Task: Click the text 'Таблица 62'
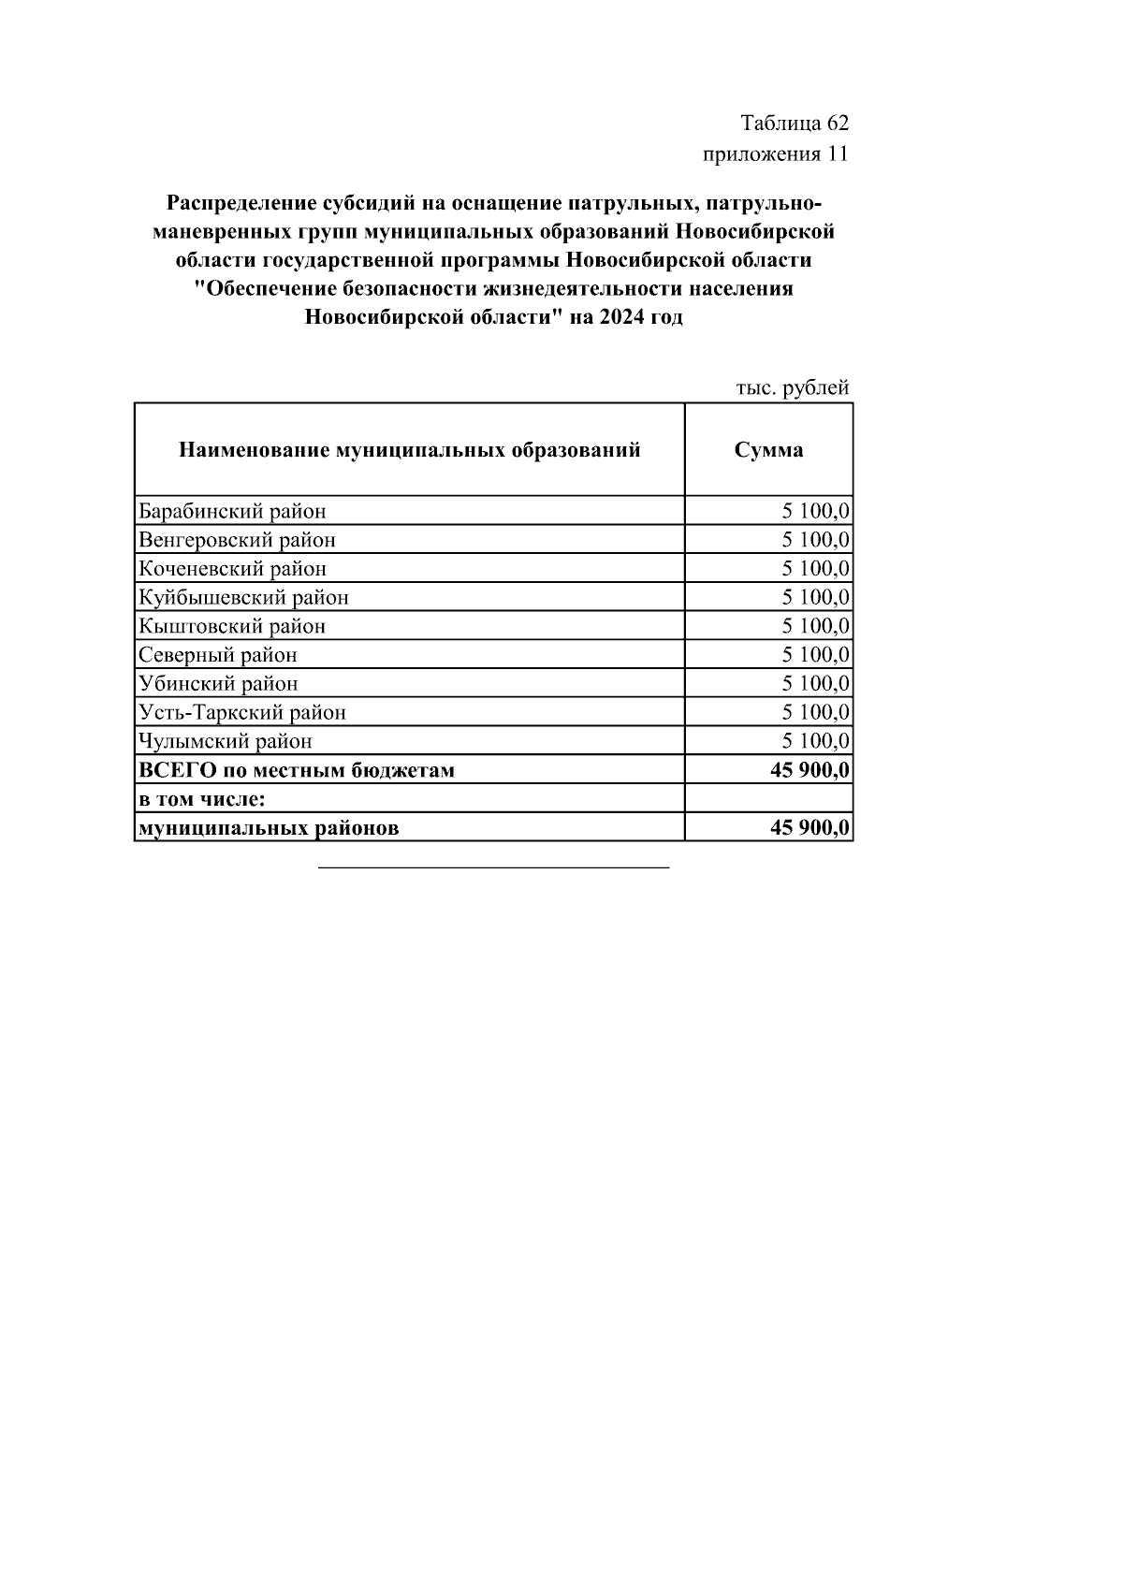[795, 124]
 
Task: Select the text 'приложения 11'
[775, 154]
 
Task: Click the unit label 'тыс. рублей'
[793, 387]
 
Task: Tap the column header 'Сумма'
[768, 450]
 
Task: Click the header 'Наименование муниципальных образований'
[409, 450]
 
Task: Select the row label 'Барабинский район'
[232, 512]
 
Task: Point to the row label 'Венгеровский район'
[237, 540]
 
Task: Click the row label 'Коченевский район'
[232, 569]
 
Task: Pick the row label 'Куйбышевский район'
[243, 598]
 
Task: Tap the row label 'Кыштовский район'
[232, 626]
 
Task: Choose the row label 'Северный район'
[218, 655]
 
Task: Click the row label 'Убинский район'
[218, 684]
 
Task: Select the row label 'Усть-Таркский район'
[242, 713]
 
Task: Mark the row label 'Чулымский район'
[226, 742]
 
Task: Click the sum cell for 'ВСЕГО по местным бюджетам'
[809, 771]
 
